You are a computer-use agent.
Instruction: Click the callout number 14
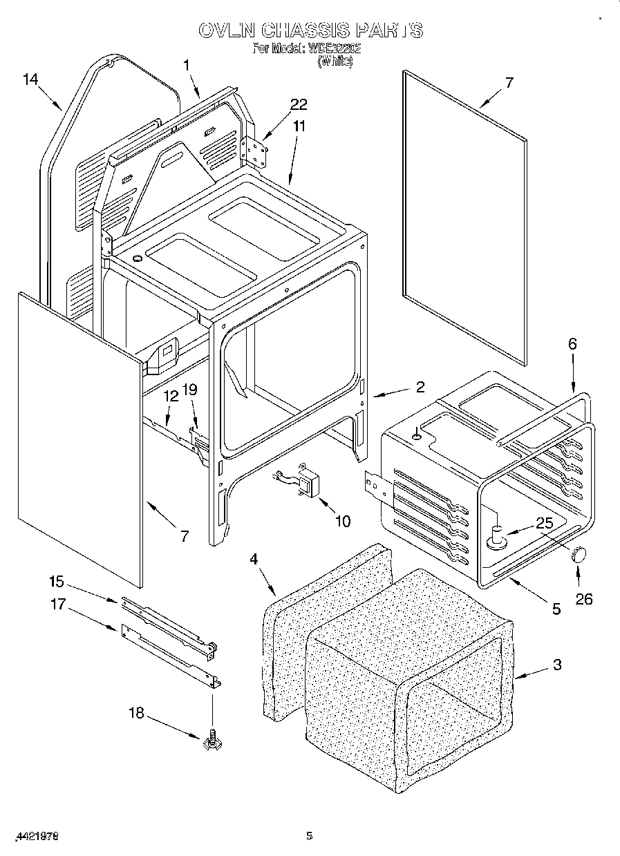[30, 79]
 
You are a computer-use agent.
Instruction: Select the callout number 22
[299, 104]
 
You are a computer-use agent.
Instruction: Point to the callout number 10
[342, 520]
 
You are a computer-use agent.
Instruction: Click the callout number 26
[584, 598]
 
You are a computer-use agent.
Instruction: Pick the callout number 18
[137, 712]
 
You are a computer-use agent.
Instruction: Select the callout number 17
[57, 604]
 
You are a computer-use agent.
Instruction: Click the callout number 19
[189, 390]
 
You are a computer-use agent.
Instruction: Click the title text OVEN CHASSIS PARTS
[310, 30]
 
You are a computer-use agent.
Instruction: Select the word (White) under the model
[335, 61]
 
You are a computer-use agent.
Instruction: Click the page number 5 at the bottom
[310, 836]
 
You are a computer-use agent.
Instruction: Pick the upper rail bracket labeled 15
[166, 622]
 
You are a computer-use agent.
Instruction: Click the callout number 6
[572, 343]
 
